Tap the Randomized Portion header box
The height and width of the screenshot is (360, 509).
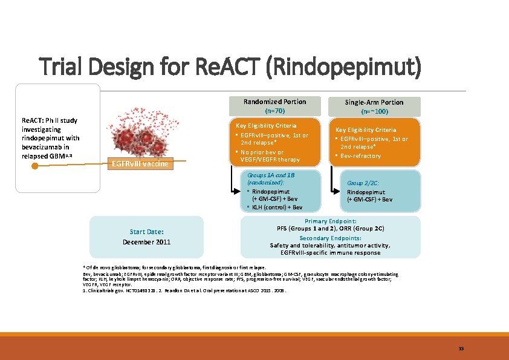[x=274, y=102]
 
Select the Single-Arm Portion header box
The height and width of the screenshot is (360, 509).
[x=374, y=102]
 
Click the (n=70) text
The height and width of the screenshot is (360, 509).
[x=274, y=111]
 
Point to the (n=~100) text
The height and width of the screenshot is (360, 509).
[x=374, y=112]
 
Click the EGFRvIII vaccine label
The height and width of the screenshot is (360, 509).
[x=140, y=163]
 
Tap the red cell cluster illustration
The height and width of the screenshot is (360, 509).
[x=139, y=136]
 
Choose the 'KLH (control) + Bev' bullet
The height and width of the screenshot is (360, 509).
[x=277, y=207]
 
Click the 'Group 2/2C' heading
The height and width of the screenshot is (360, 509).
[x=363, y=182]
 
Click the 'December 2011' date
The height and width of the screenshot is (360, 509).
[x=146, y=242]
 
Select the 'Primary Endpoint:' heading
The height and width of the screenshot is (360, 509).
[x=330, y=221]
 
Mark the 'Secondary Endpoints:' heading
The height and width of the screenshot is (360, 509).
[x=330, y=238]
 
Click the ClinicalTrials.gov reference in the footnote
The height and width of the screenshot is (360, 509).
[x=115, y=290]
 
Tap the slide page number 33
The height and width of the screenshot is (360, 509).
[x=461, y=349]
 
